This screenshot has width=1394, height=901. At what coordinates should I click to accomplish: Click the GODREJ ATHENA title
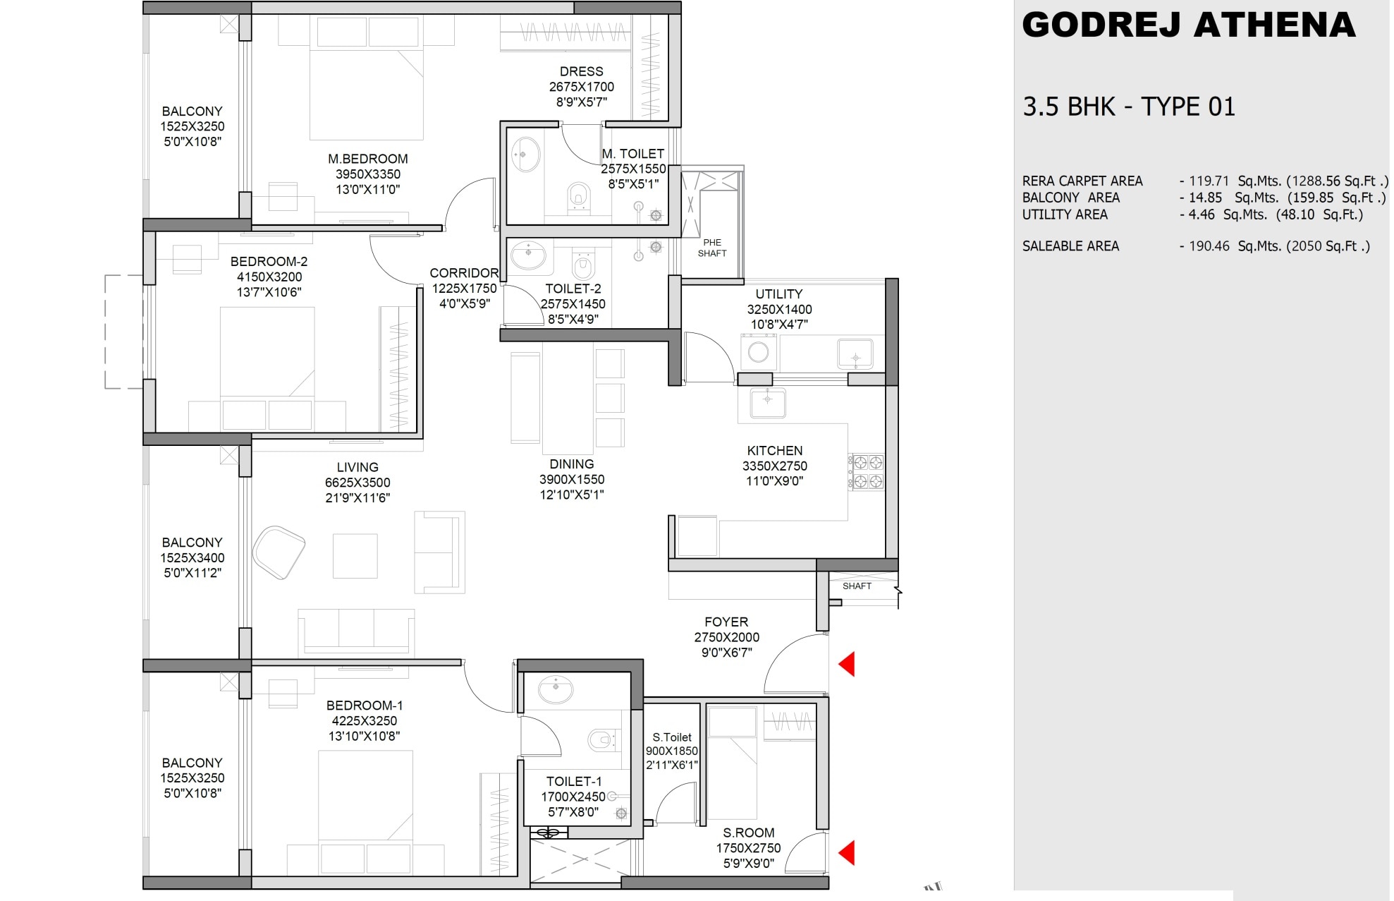coord(1188,25)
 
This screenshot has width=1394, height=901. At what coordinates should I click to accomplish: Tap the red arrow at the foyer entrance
coord(848,664)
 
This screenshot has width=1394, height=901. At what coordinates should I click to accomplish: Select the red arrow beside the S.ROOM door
coord(848,852)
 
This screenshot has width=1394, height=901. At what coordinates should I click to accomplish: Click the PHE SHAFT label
coord(711,248)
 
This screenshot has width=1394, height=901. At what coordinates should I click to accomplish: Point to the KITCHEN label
coord(774,450)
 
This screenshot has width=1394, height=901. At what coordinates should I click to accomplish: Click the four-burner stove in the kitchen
coord(867,472)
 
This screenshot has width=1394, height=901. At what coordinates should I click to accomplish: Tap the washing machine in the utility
coord(759,351)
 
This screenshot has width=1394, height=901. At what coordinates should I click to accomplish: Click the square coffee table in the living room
coord(355,556)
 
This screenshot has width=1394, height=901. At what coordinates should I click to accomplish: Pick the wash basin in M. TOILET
coord(525,155)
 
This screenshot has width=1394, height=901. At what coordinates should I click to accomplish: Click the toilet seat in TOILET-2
coord(582,266)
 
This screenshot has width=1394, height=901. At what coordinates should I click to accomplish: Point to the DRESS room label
coord(581,71)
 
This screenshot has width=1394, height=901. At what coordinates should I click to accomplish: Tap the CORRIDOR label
coord(464,273)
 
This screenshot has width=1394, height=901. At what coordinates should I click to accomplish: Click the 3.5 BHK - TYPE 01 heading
coord(1128,107)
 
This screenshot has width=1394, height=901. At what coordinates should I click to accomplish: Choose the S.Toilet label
coord(671,737)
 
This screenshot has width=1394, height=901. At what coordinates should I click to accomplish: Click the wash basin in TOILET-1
coord(556,689)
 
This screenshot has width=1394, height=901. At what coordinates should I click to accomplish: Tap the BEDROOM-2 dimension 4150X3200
coord(269,277)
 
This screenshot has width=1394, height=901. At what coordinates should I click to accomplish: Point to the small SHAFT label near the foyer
coord(856,586)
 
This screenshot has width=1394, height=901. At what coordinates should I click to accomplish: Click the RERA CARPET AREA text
coord(1082,181)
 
